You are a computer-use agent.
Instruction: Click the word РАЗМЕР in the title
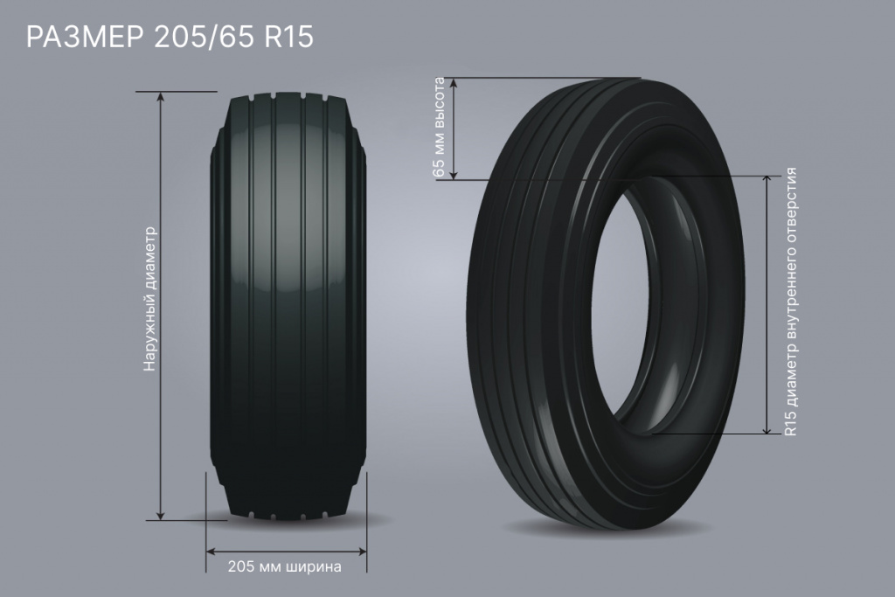tap(85, 37)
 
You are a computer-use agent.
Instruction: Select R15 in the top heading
tap(288, 37)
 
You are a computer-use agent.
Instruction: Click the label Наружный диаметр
tap(149, 299)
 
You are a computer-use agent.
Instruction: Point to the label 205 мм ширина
tap(284, 566)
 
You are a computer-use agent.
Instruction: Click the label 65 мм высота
tap(439, 128)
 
